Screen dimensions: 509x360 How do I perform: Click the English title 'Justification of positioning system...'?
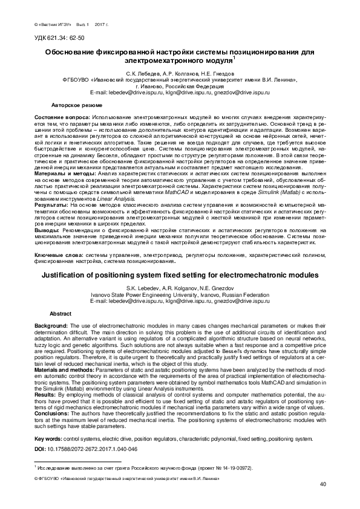pyautogui.click(x=179, y=274)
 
